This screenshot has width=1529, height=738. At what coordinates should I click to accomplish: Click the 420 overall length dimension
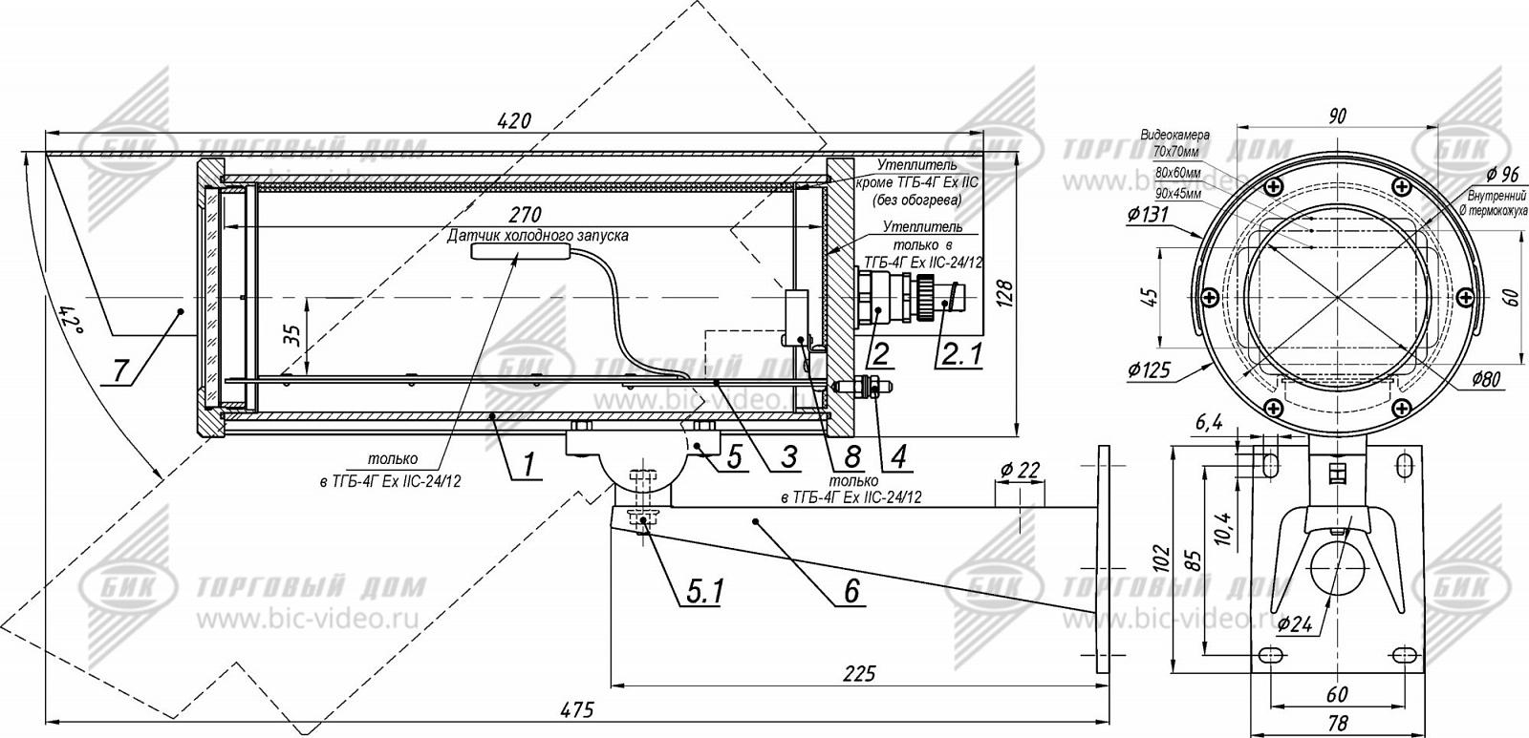tap(513, 120)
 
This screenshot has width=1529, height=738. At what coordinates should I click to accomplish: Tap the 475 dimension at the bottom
tap(576, 709)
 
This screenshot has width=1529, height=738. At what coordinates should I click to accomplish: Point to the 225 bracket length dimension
tap(860, 674)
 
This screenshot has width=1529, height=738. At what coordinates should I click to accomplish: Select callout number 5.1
tap(702, 593)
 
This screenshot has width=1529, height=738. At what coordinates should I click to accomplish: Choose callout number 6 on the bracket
tap(851, 591)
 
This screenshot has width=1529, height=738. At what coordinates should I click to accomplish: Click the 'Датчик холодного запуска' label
tap(538, 235)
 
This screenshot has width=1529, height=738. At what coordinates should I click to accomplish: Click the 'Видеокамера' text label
tap(1174, 136)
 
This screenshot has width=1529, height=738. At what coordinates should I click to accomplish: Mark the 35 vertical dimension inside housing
tap(293, 336)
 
